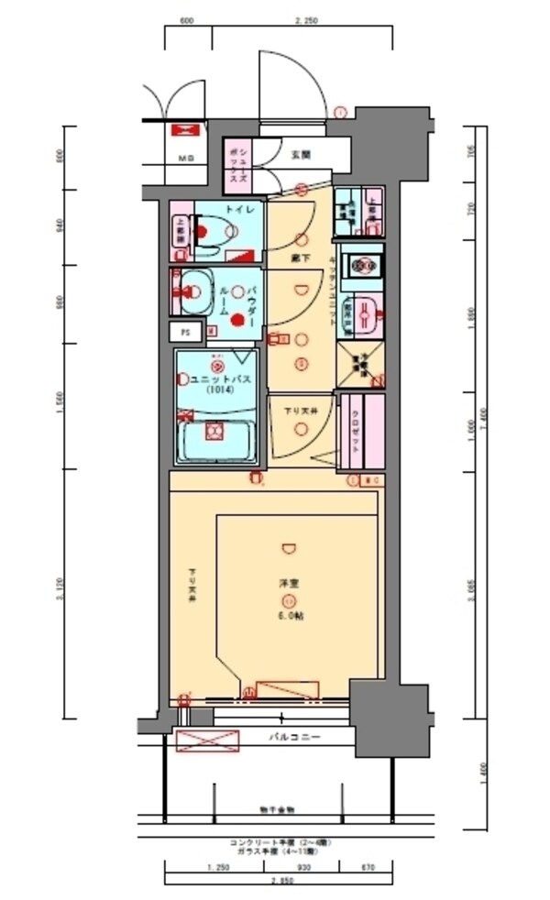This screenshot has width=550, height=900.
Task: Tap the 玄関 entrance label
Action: click(x=300, y=155)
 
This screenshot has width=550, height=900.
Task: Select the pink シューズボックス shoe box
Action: click(x=236, y=165)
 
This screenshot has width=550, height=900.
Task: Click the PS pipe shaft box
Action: click(x=185, y=332)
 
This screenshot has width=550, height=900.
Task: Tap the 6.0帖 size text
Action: click(x=288, y=616)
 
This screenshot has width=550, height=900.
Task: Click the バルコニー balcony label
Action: click(x=293, y=736)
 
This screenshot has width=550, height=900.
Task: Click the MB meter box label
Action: click(x=186, y=159)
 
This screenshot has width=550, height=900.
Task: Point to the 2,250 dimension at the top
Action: click(x=305, y=20)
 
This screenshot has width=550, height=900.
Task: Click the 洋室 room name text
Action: click(x=288, y=582)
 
